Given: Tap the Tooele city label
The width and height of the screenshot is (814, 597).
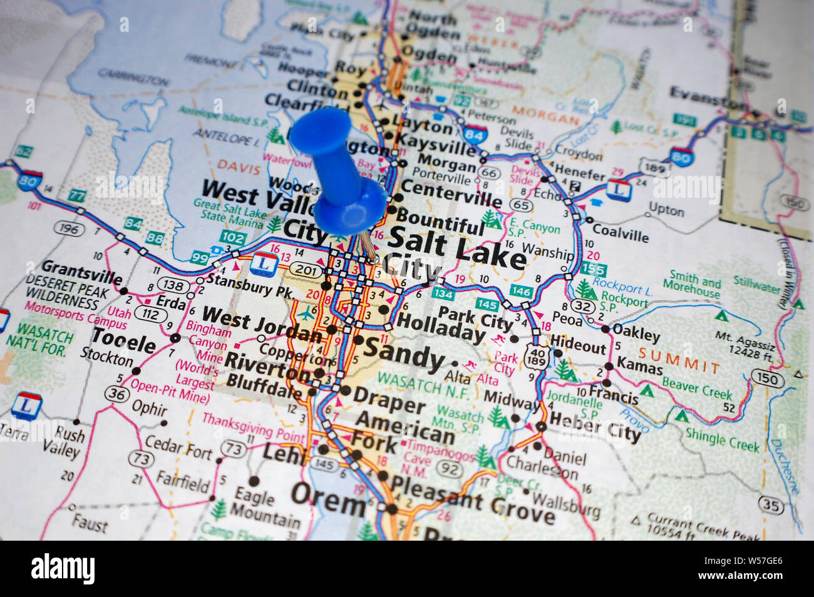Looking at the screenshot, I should click(x=123, y=342).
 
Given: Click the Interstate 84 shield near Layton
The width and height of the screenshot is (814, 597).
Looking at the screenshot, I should click(x=474, y=133).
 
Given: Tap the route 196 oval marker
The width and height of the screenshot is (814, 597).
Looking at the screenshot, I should click(x=68, y=229).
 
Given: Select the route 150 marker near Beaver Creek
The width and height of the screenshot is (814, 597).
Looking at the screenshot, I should click(x=767, y=379).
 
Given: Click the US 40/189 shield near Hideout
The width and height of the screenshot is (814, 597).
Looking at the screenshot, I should click(x=538, y=354).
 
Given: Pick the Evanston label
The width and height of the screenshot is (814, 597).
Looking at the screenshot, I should click(x=708, y=97).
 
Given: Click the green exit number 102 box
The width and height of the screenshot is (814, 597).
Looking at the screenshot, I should click(x=232, y=238).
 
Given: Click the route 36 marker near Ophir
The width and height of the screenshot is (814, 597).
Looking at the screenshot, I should click(x=116, y=394).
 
